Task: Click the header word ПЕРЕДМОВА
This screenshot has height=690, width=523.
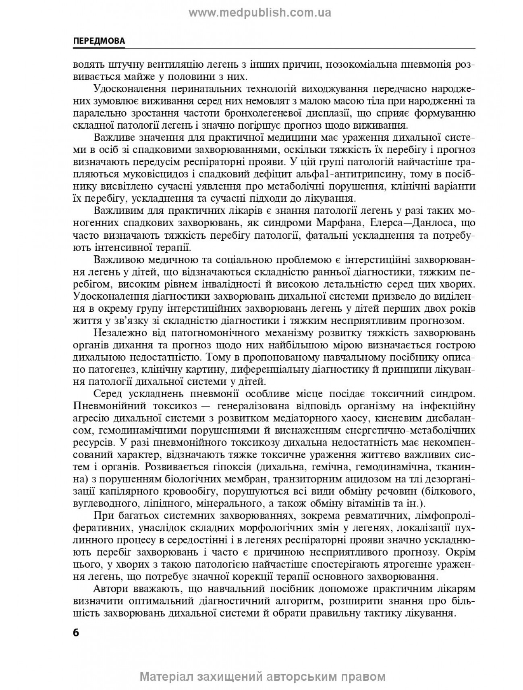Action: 99,41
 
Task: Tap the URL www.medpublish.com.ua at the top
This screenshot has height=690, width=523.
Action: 260,13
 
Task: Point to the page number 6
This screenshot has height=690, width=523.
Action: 77,632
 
